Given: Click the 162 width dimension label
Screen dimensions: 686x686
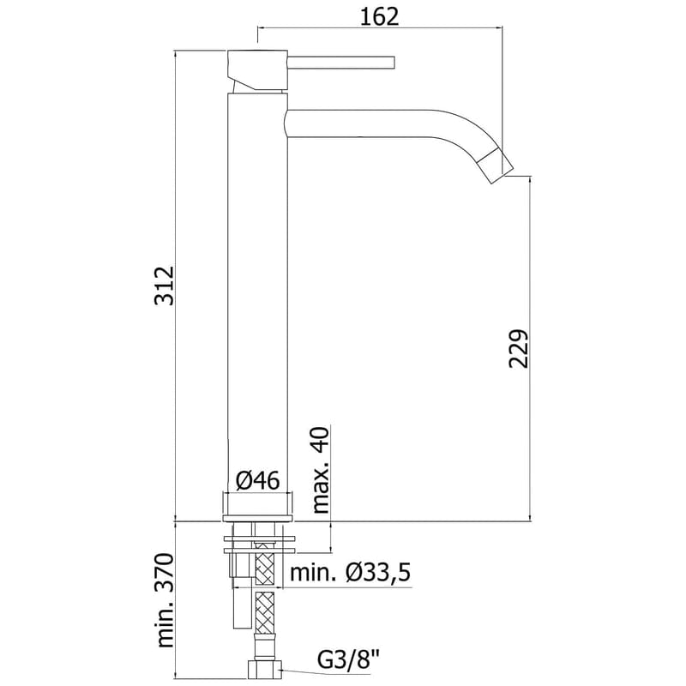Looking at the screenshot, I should pos(378,16).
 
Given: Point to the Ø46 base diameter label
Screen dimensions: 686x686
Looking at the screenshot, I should pos(257,481).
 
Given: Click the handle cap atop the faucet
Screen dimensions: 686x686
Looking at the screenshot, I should pos(256,63).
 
